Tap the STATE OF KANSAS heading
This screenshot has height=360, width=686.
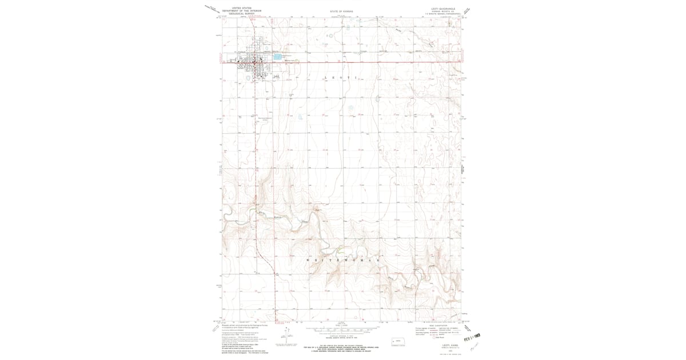click(x=341, y=11)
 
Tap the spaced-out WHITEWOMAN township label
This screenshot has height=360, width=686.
click(x=342, y=260)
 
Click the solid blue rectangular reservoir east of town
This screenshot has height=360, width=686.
click(x=277, y=57)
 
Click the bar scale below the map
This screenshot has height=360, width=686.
click(x=341, y=330)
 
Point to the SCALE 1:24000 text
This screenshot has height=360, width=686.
click(x=341, y=326)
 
